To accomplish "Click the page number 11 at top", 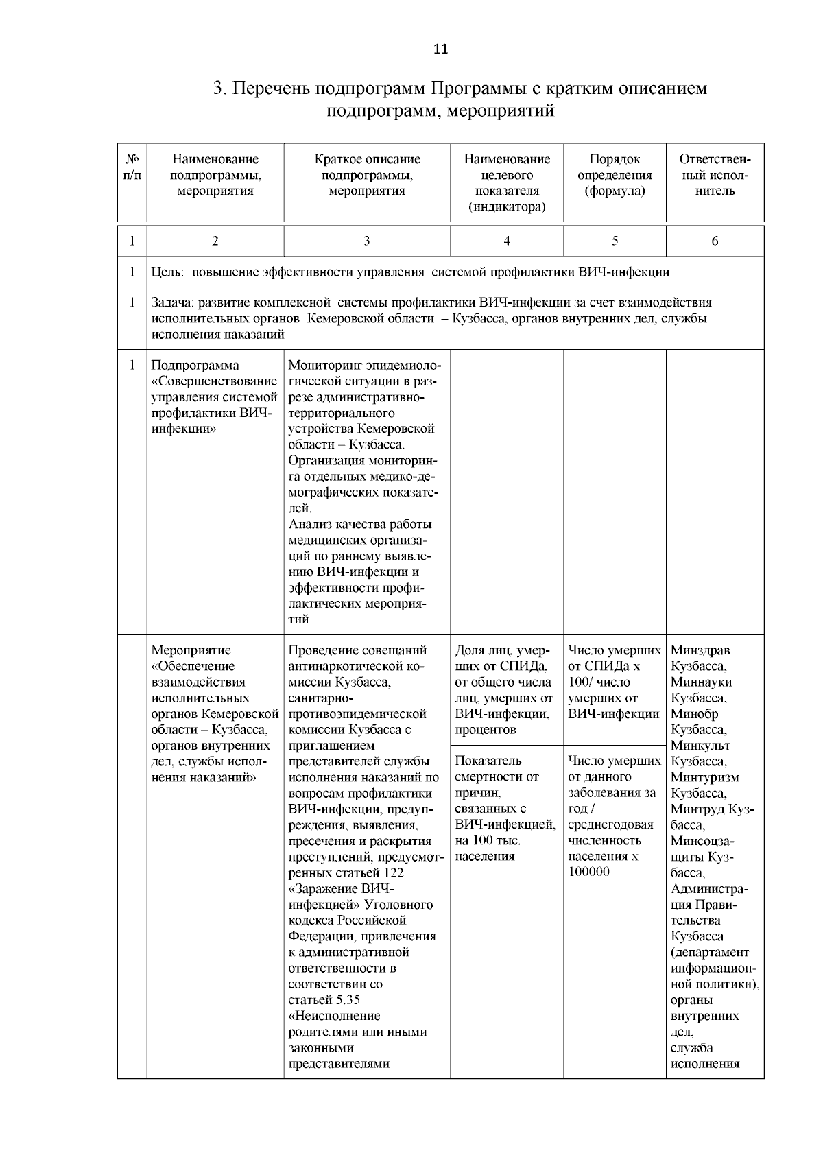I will (x=441, y=49).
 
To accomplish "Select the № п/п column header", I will (x=132, y=167).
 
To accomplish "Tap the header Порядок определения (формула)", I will (x=615, y=175).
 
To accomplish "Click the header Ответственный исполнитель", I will (x=715, y=175).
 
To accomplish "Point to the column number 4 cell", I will (x=507, y=241).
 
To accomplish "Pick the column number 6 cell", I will (x=715, y=241).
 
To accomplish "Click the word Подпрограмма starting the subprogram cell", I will (x=195, y=366).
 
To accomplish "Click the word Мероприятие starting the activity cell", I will (x=191, y=650).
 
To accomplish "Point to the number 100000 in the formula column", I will (x=588, y=872).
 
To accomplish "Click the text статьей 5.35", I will (x=324, y=1000).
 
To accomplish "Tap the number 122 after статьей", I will (x=394, y=872).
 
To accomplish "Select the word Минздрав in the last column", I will (x=700, y=650).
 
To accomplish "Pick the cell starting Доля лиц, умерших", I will (x=505, y=689).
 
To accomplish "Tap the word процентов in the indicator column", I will (x=486, y=730).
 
